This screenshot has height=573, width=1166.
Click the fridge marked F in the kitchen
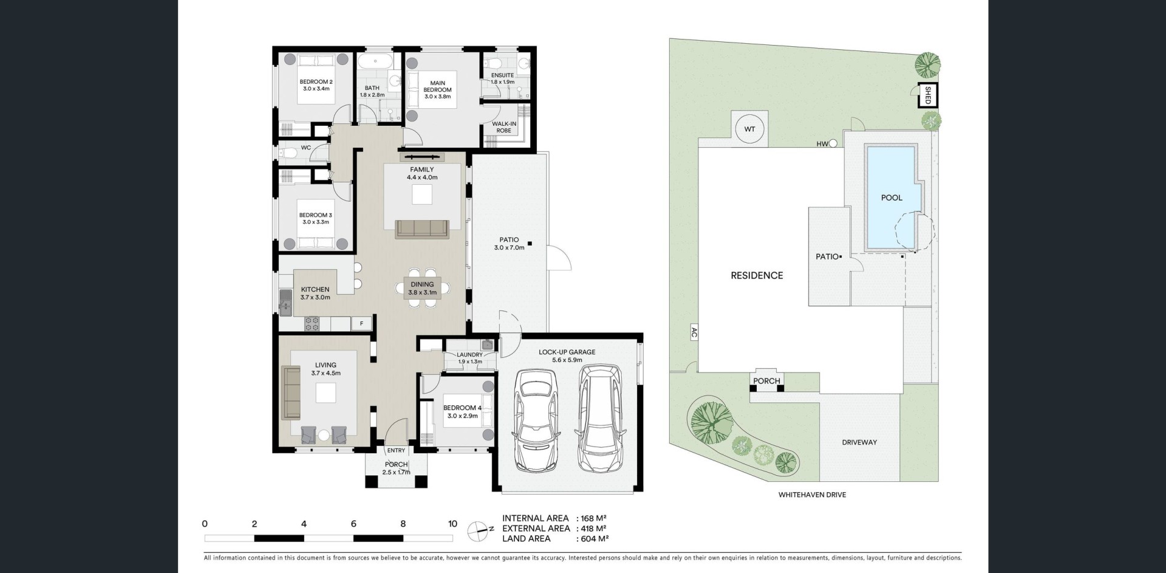tap(361, 324)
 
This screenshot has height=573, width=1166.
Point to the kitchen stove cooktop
tap(312, 324)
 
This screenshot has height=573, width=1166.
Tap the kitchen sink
tap(285, 302)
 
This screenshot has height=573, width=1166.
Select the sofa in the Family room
tap(421, 229)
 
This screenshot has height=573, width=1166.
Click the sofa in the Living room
tap(291, 392)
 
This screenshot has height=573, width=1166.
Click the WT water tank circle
tap(749, 129)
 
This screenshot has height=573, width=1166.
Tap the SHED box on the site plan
tap(927, 95)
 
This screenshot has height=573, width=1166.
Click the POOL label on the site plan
tap(892, 197)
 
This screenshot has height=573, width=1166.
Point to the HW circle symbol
tap(833, 144)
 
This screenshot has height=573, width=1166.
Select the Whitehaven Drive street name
tap(812, 495)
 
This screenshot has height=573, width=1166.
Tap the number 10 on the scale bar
tap(452, 524)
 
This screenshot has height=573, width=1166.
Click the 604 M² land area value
tap(595, 538)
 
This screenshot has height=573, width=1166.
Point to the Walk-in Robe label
tap(504, 127)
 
